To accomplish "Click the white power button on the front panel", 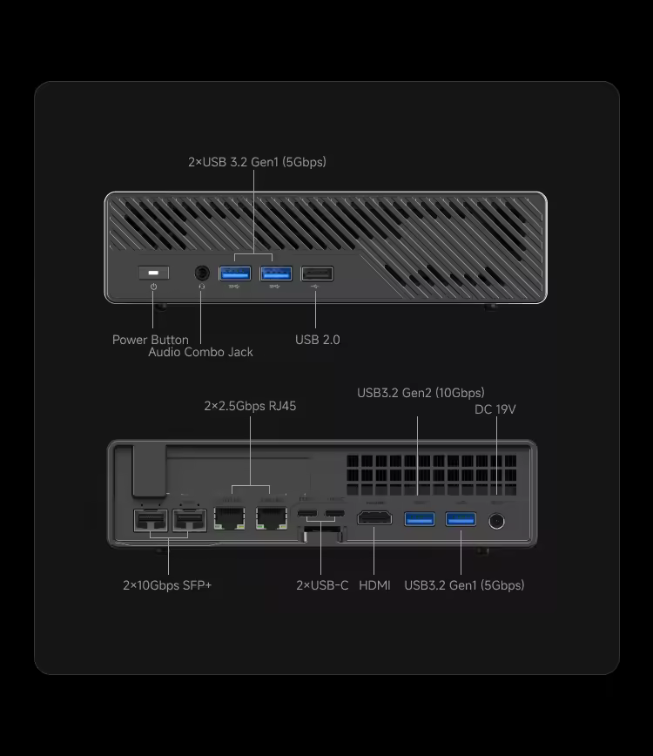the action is (x=153, y=273).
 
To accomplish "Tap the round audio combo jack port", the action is (x=201, y=273).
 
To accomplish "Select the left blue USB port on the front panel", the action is (x=234, y=273).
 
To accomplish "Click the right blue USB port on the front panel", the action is (x=275, y=273).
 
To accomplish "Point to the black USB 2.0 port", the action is (x=317, y=273).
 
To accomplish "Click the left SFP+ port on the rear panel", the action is (x=151, y=522).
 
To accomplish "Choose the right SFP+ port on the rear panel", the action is (x=190, y=522).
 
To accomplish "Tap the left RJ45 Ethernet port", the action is (x=229, y=520).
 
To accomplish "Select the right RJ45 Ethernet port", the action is (x=272, y=520).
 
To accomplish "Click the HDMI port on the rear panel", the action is (x=375, y=520).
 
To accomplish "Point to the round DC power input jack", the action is (x=497, y=521).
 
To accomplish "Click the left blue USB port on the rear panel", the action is (x=419, y=520).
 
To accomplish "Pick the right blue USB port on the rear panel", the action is (x=461, y=520).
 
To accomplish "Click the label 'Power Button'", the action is (x=150, y=340).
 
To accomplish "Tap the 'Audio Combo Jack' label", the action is (x=200, y=352).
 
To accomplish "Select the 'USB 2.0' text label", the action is (x=317, y=340).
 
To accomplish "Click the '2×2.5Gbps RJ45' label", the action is (x=250, y=406).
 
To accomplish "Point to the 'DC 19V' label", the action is (x=495, y=409).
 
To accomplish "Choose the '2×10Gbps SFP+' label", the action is (x=167, y=585).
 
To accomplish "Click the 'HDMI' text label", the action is (x=374, y=585).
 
